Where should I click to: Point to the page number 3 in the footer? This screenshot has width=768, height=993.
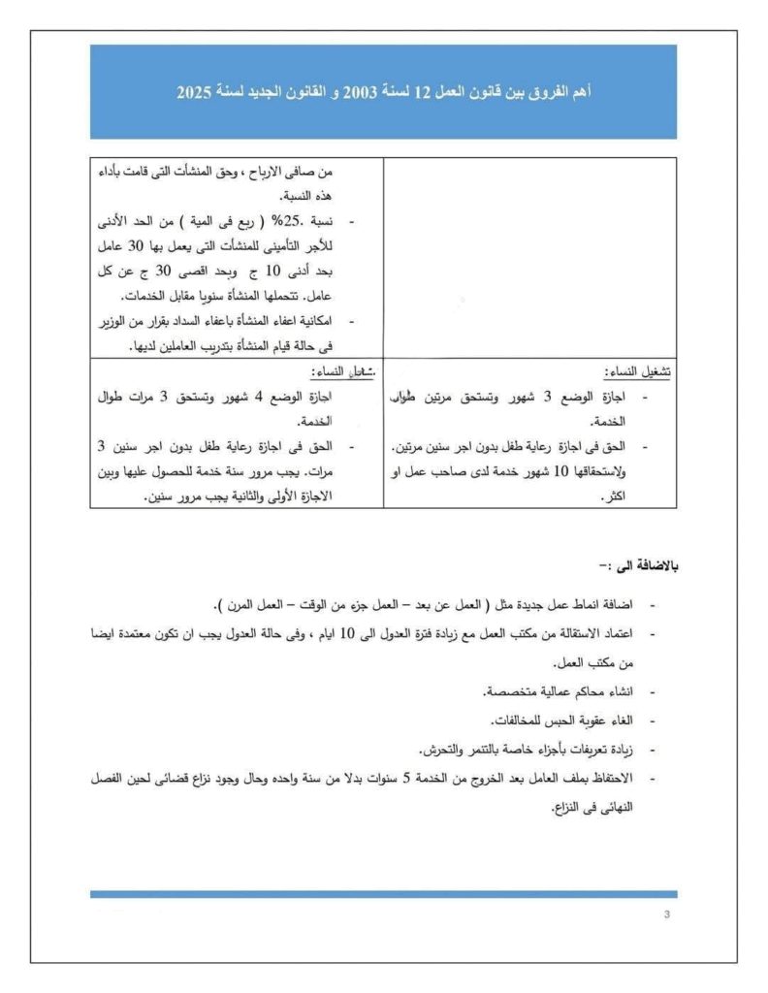tap(667, 914)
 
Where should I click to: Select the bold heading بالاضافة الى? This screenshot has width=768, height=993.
tap(640, 564)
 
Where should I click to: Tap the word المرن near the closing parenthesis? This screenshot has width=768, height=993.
tap(247, 605)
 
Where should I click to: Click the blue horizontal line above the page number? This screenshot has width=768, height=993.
tap(383, 894)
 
